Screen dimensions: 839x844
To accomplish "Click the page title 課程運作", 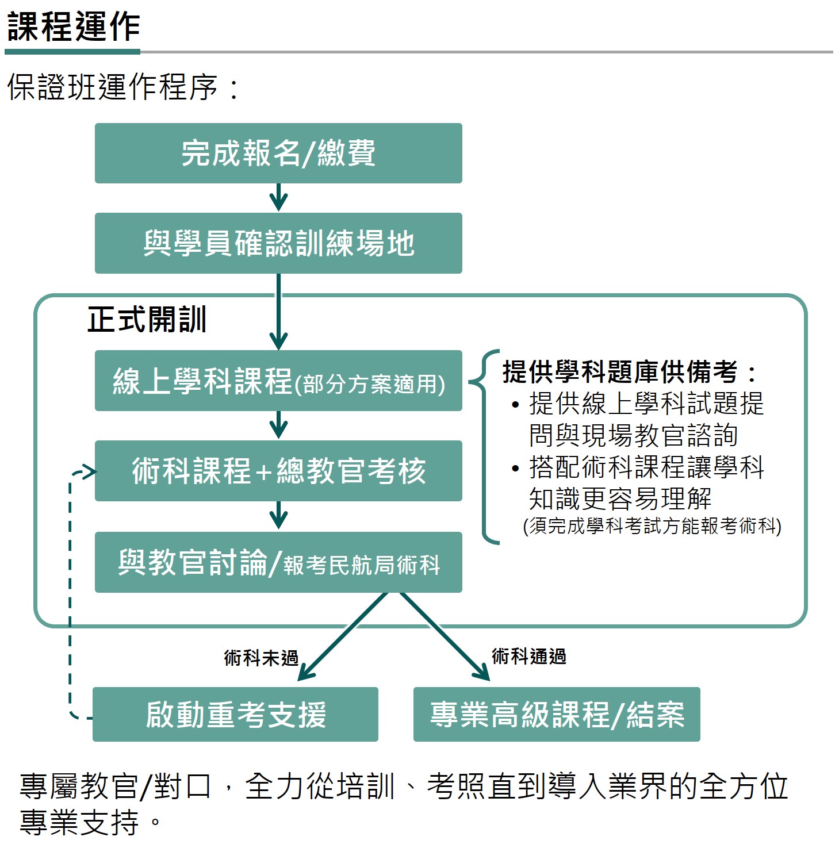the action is pos(74,26).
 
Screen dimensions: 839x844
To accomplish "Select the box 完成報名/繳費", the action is pos(278,153).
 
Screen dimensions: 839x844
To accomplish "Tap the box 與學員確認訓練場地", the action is pos(278,243).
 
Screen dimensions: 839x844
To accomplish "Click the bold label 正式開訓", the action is pos(147,319).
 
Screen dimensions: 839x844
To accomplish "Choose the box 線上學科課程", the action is pos(278,380).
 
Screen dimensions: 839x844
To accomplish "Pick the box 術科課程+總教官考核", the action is pos(278,471).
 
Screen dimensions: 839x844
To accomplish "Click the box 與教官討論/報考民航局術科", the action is pos(278,562).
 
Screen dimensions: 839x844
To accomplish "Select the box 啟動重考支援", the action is pos(235,715).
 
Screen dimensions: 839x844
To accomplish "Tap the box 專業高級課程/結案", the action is pos(557,715).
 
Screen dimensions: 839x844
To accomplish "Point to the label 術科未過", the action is pos(261,658).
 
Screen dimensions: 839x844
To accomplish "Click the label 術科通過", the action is pos(529,656).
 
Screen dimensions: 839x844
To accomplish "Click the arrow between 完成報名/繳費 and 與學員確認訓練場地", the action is pos(278,197).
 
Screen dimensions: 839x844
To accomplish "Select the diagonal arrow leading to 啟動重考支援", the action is pos(343,636).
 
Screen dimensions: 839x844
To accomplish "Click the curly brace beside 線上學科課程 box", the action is pos(484,447).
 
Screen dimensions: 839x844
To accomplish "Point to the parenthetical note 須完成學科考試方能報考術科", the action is pos(652,526).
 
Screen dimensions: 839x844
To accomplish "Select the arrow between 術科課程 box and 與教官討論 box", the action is pos(278,515).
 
